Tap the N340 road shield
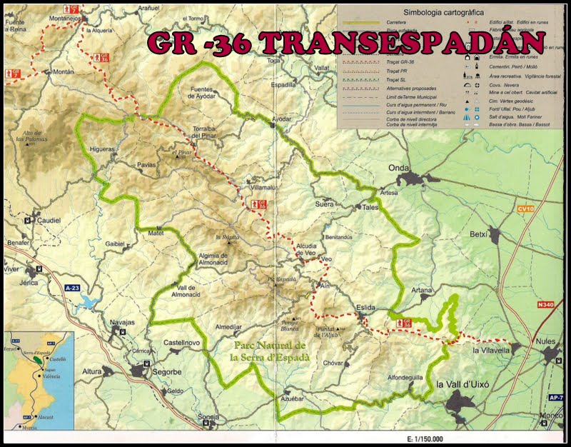click(546, 305)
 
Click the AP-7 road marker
click(557, 398)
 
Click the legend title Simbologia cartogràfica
click(443, 12)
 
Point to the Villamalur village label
click(262, 187)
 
